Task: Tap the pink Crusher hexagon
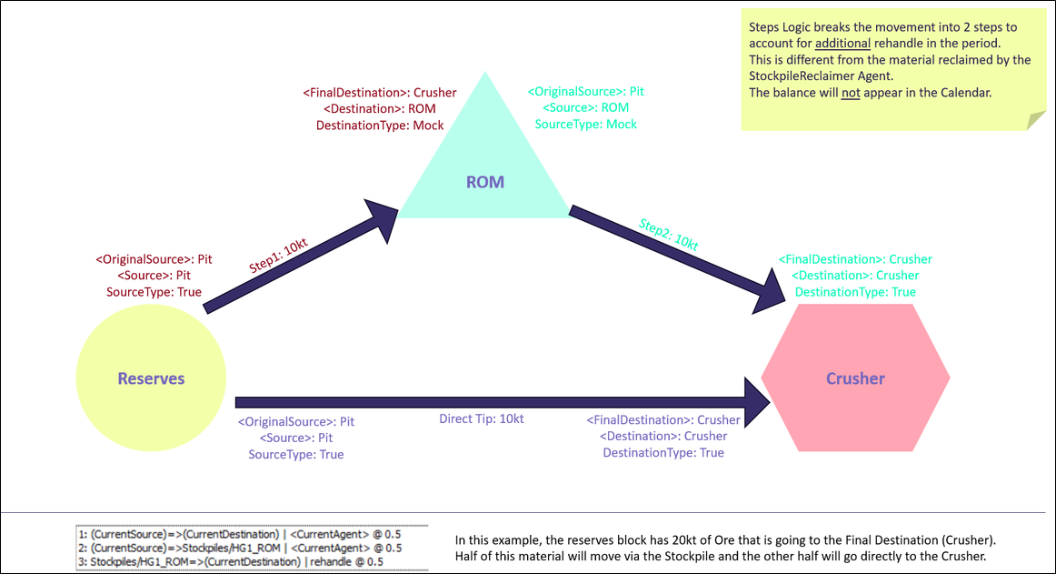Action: click(855, 378)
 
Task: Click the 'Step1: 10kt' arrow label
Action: click(279, 257)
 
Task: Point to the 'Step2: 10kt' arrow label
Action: click(668, 235)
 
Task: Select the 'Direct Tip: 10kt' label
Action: click(481, 419)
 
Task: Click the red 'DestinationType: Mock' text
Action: click(380, 126)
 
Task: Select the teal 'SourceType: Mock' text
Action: click(586, 124)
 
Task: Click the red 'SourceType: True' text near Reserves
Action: click(154, 292)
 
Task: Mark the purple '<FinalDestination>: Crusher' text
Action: click(663, 420)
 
